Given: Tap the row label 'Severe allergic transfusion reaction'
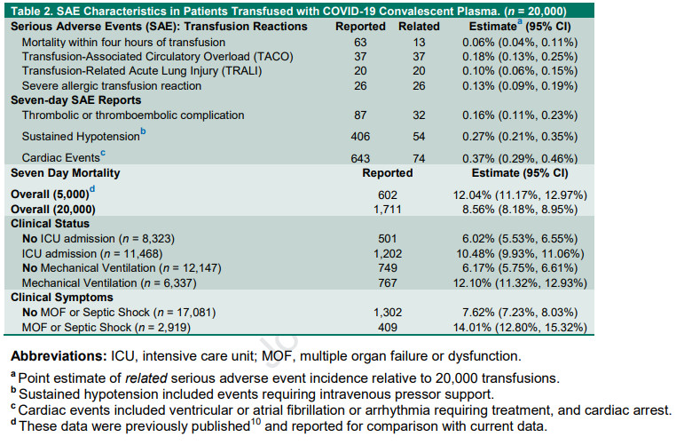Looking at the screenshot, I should pyautogui.click(x=112, y=86).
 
